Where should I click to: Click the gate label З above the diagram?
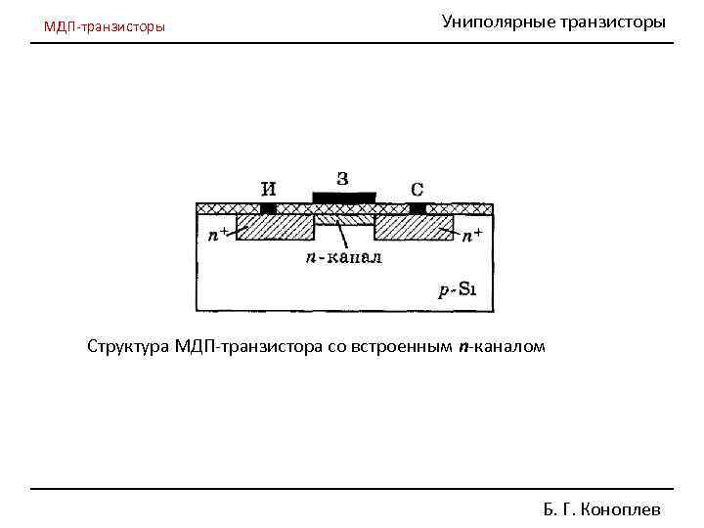tap(342, 178)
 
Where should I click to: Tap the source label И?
tap(268, 189)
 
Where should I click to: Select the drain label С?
tap(418, 189)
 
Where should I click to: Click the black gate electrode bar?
tap(343, 198)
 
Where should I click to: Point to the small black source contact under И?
tap(268, 208)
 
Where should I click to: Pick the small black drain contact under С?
tap(418, 208)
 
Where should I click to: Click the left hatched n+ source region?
tap(275, 228)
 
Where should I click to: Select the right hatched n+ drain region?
tap(414, 228)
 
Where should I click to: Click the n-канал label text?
tap(343, 258)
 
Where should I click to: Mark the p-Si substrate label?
tap(457, 288)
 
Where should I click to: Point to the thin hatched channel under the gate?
tap(343, 218)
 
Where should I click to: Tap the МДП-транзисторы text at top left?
tap(105, 26)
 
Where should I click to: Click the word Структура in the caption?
tap(128, 346)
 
